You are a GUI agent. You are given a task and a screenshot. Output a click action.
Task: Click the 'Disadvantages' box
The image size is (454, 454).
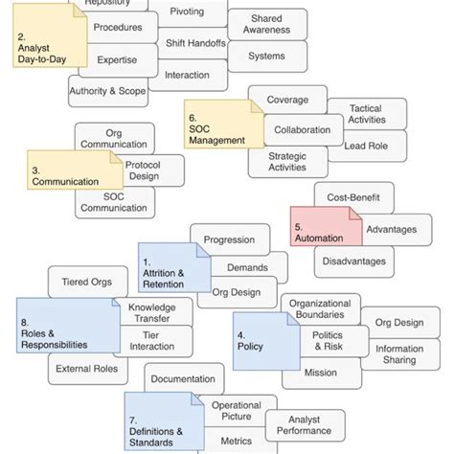(353, 261)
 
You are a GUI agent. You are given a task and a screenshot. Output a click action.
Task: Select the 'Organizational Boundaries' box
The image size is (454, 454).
(327, 307)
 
